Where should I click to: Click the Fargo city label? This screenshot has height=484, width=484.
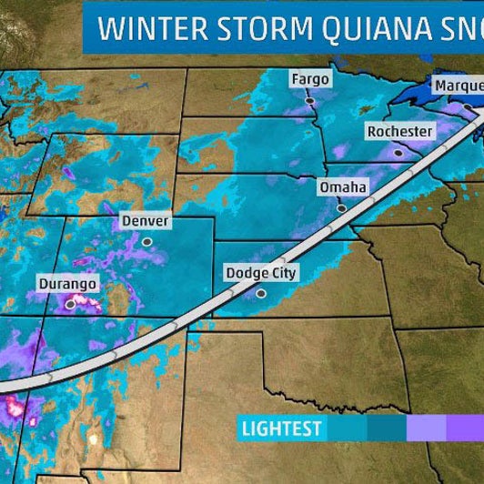[x=309, y=79]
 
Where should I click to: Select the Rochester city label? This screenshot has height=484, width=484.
[x=398, y=132]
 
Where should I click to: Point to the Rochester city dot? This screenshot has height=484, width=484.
[x=398, y=154]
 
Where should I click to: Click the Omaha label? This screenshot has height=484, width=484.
[x=342, y=187]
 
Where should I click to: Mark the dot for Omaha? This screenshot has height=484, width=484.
[x=342, y=208]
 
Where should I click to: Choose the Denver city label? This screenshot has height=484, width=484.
[x=146, y=220]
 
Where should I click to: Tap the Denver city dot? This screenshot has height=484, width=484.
[x=147, y=241]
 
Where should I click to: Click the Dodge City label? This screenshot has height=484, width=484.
[x=260, y=272]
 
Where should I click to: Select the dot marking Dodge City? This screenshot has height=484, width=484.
[x=261, y=293]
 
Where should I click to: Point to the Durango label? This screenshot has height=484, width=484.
[x=67, y=284]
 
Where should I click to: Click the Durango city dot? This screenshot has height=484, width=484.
[x=70, y=306]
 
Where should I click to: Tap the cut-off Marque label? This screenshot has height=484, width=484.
[x=458, y=86]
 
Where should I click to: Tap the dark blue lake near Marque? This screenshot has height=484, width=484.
[x=428, y=91]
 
